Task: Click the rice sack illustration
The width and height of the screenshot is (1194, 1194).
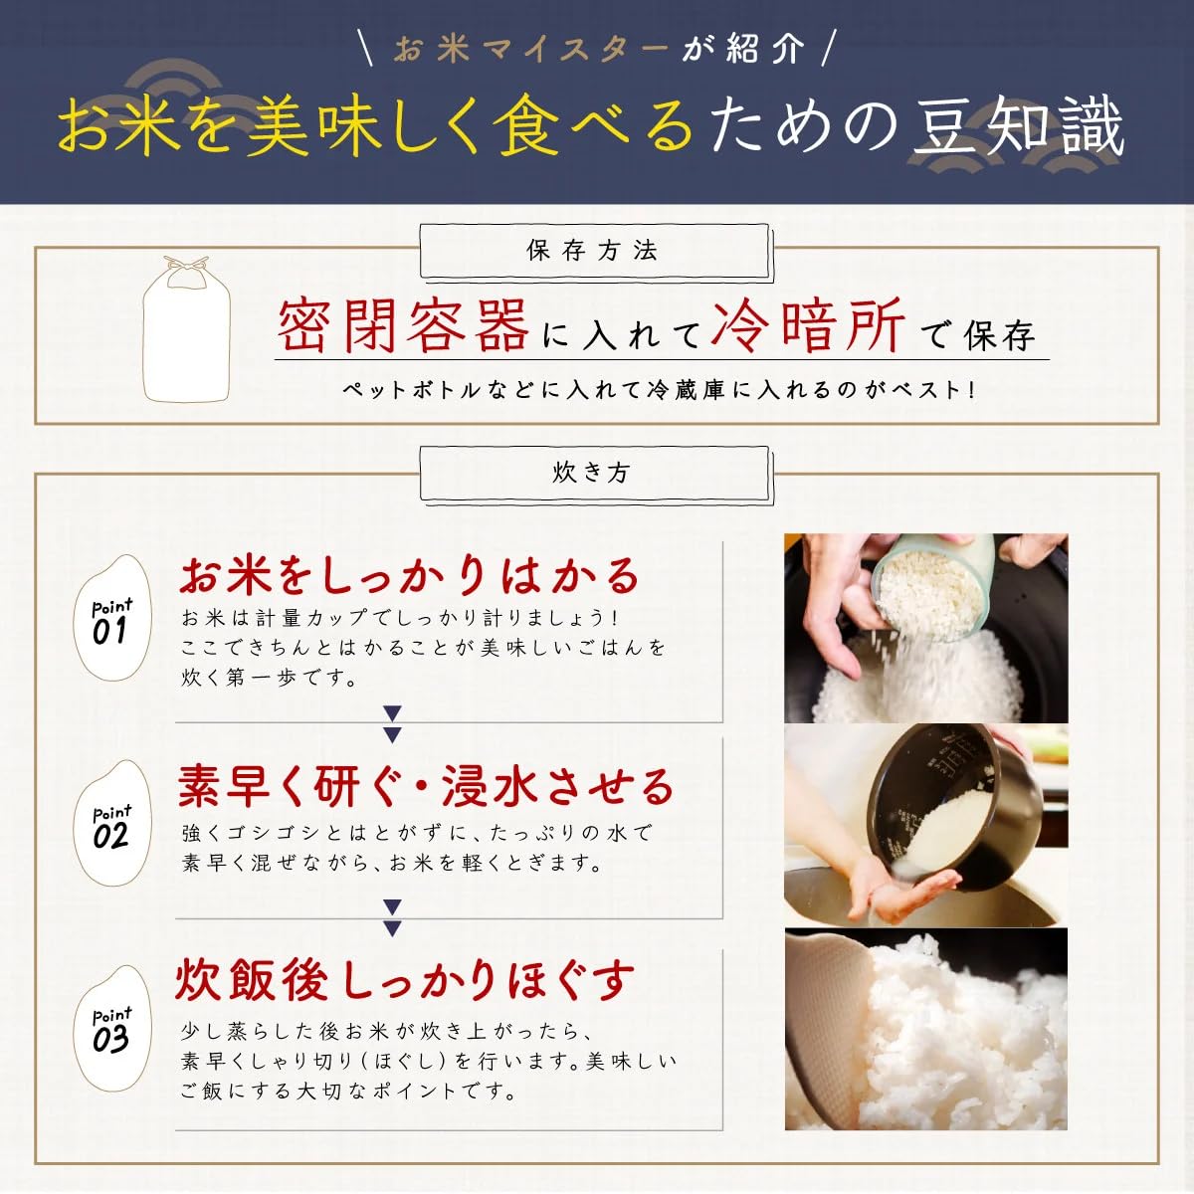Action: click(x=186, y=329)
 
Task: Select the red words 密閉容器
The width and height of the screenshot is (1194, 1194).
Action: click(x=403, y=326)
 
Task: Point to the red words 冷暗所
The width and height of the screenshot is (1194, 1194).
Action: click(x=808, y=326)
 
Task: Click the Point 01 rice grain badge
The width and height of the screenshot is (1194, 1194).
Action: click(x=112, y=617)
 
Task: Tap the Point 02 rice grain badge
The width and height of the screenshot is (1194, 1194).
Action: click(x=112, y=823)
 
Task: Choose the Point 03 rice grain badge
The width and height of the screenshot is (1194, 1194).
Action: click(x=112, y=1029)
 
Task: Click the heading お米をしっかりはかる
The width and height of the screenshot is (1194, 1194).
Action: click(x=410, y=575)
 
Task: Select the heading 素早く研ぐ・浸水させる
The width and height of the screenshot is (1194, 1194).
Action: click(x=426, y=786)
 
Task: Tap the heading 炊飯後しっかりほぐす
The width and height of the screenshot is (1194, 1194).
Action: click(x=405, y=981)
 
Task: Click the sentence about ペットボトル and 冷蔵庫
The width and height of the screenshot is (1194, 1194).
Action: click(x=660, y=390)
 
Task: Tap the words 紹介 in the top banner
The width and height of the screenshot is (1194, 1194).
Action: click(x=766, y=50)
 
